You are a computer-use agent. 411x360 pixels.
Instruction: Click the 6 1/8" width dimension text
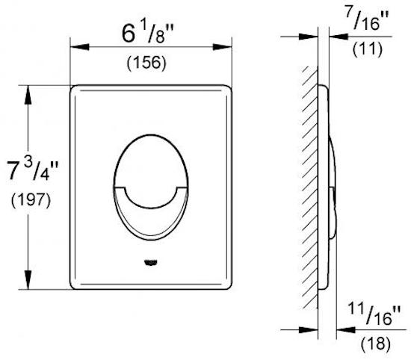[147, 34]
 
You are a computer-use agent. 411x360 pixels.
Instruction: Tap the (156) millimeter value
[146, 63]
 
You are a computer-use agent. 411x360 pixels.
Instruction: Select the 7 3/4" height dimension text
[32, 170]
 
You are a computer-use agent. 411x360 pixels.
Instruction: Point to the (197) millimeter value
[31, 200]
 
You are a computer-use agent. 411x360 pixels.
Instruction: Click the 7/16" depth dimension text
[367, 19]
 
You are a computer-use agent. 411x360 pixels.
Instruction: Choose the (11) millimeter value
[368, 49]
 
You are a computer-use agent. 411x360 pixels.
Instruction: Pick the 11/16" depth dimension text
[374, 314]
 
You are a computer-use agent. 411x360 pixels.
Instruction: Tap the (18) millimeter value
[376, 344]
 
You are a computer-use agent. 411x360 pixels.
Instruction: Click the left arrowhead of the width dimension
[80, 47]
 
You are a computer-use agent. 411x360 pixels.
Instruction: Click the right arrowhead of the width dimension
[222, 47]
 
